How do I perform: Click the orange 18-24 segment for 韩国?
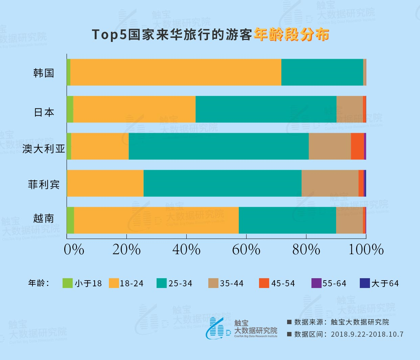click(176, 72)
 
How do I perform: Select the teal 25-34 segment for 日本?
click(266, 109)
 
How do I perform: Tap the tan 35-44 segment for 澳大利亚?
click(330, 146)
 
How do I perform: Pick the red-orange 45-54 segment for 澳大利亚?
click(357, 146)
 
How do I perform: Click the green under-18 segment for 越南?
click(70, 220)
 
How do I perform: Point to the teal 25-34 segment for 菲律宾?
click(223, 183)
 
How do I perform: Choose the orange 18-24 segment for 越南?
click(156, 220)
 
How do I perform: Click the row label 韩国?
click(44, 73)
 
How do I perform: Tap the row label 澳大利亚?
click(44, 148)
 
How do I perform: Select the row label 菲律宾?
click(44, 185)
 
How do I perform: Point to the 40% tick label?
click(186, 250)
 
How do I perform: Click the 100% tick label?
click(366, 250)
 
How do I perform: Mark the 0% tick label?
click(74, 250)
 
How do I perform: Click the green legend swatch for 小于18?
click(68, 283)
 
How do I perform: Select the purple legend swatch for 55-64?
click(316, 283)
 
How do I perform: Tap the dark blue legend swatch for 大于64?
click(365, 283)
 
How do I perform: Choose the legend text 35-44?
click(232, 283)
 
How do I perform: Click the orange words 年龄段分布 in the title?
click(291, 34)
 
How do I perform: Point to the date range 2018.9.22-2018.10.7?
click(367, 334)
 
